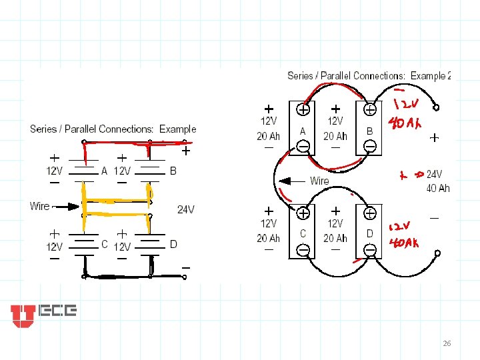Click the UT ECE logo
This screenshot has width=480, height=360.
point(43,315)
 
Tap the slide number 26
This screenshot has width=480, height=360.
point(447,343)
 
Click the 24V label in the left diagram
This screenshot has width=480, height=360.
point(186,209)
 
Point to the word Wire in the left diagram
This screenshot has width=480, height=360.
point(39,206)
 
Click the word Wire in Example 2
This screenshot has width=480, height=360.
point(319,181)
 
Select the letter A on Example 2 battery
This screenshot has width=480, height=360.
point(303,131)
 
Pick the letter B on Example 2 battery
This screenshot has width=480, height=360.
point(369,131)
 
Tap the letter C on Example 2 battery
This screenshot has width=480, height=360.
point(303,233)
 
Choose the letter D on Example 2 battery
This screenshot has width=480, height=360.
point(369,233)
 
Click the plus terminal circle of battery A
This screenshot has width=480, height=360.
point(303,110)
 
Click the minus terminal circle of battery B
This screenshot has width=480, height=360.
point(369,147)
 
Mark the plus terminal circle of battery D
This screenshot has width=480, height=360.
point(369,213)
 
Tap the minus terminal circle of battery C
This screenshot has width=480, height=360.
point(303,250)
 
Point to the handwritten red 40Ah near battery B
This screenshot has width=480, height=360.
point(403,125)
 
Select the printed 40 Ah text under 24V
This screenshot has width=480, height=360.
point(438,189)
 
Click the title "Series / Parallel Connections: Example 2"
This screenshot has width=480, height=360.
point(369,75)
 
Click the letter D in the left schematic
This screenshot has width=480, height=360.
point(173,245)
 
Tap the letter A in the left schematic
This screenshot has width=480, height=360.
point(104,171)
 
